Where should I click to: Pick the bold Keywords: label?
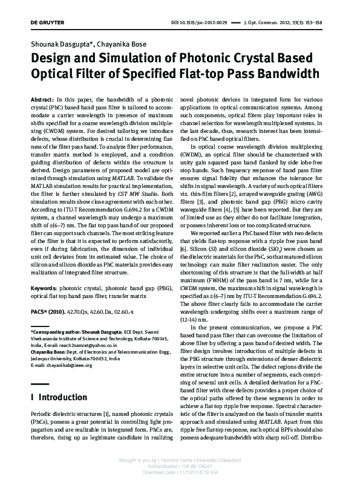[x=46, y=290]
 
